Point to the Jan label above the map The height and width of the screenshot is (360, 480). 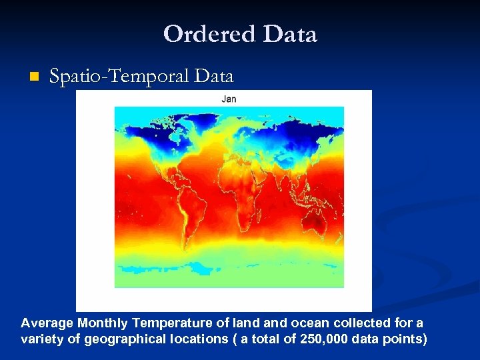(229, 99)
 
